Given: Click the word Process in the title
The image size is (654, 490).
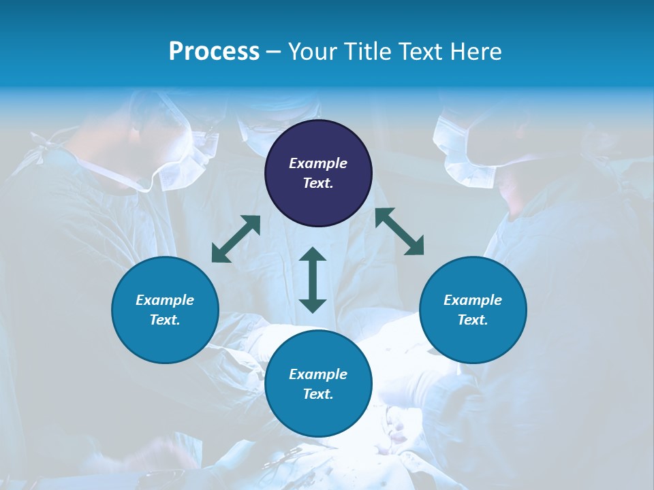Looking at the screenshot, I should click(x=214, y=52).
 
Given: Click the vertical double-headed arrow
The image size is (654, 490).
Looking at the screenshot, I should click(x=313, y=280).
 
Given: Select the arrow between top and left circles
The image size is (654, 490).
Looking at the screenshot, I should click(x=236, y=239).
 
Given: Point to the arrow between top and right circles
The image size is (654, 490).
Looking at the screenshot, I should click(x=399, y=231).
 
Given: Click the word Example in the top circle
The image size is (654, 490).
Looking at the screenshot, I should click(x=318, y=163).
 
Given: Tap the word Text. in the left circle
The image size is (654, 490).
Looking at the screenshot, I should click(x=165, y=320).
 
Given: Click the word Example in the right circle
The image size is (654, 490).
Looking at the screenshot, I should click(x=473, y=300).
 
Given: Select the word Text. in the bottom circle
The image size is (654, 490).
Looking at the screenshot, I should click(x=318, y=394).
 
